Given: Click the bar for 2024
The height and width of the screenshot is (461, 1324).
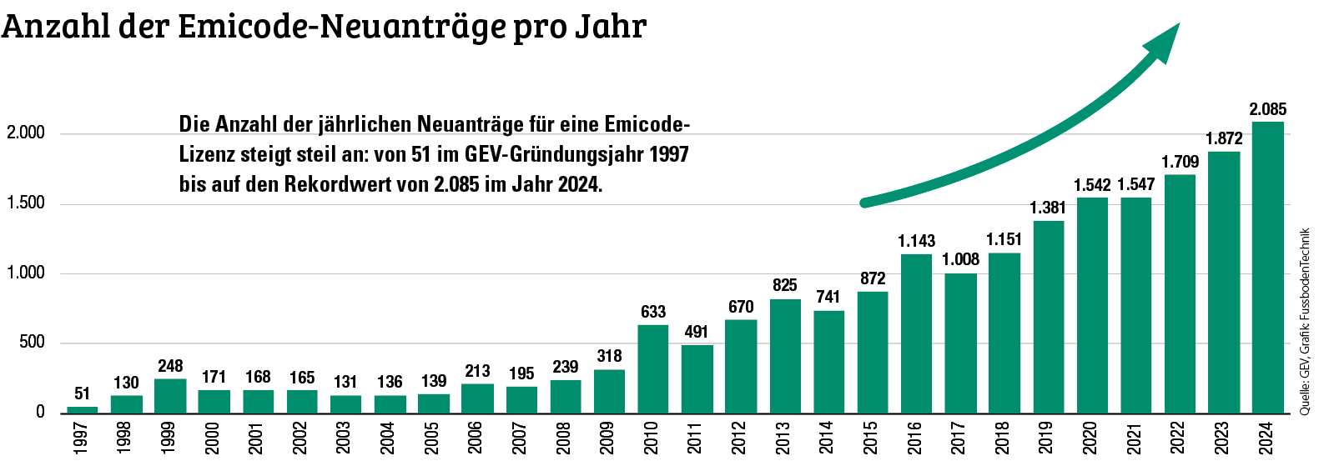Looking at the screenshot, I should (1267, 267).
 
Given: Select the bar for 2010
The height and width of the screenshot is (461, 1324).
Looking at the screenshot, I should (652, 368).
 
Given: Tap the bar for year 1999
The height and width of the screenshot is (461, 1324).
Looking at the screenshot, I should (170, 395).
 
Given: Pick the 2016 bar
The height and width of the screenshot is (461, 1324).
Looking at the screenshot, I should (916, 333).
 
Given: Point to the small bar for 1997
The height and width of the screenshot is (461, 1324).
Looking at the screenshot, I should (83, 408).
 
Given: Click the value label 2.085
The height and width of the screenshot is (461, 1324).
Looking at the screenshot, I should (1267, 109).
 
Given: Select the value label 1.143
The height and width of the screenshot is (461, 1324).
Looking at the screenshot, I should (916, 241).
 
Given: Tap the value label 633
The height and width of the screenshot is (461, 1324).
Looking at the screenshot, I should (652, 312).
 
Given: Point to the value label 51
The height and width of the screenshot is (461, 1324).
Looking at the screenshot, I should (82, 393).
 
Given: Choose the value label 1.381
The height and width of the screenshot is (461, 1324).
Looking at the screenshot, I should (1048, 208).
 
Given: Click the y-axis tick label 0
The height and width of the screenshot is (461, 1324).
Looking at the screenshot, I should (40, 412).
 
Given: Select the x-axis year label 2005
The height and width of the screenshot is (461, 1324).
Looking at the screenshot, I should (432, 438).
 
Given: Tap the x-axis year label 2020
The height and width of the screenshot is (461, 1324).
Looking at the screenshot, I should (1090, 438).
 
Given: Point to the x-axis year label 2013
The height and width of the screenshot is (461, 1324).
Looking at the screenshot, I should (783, 438).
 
